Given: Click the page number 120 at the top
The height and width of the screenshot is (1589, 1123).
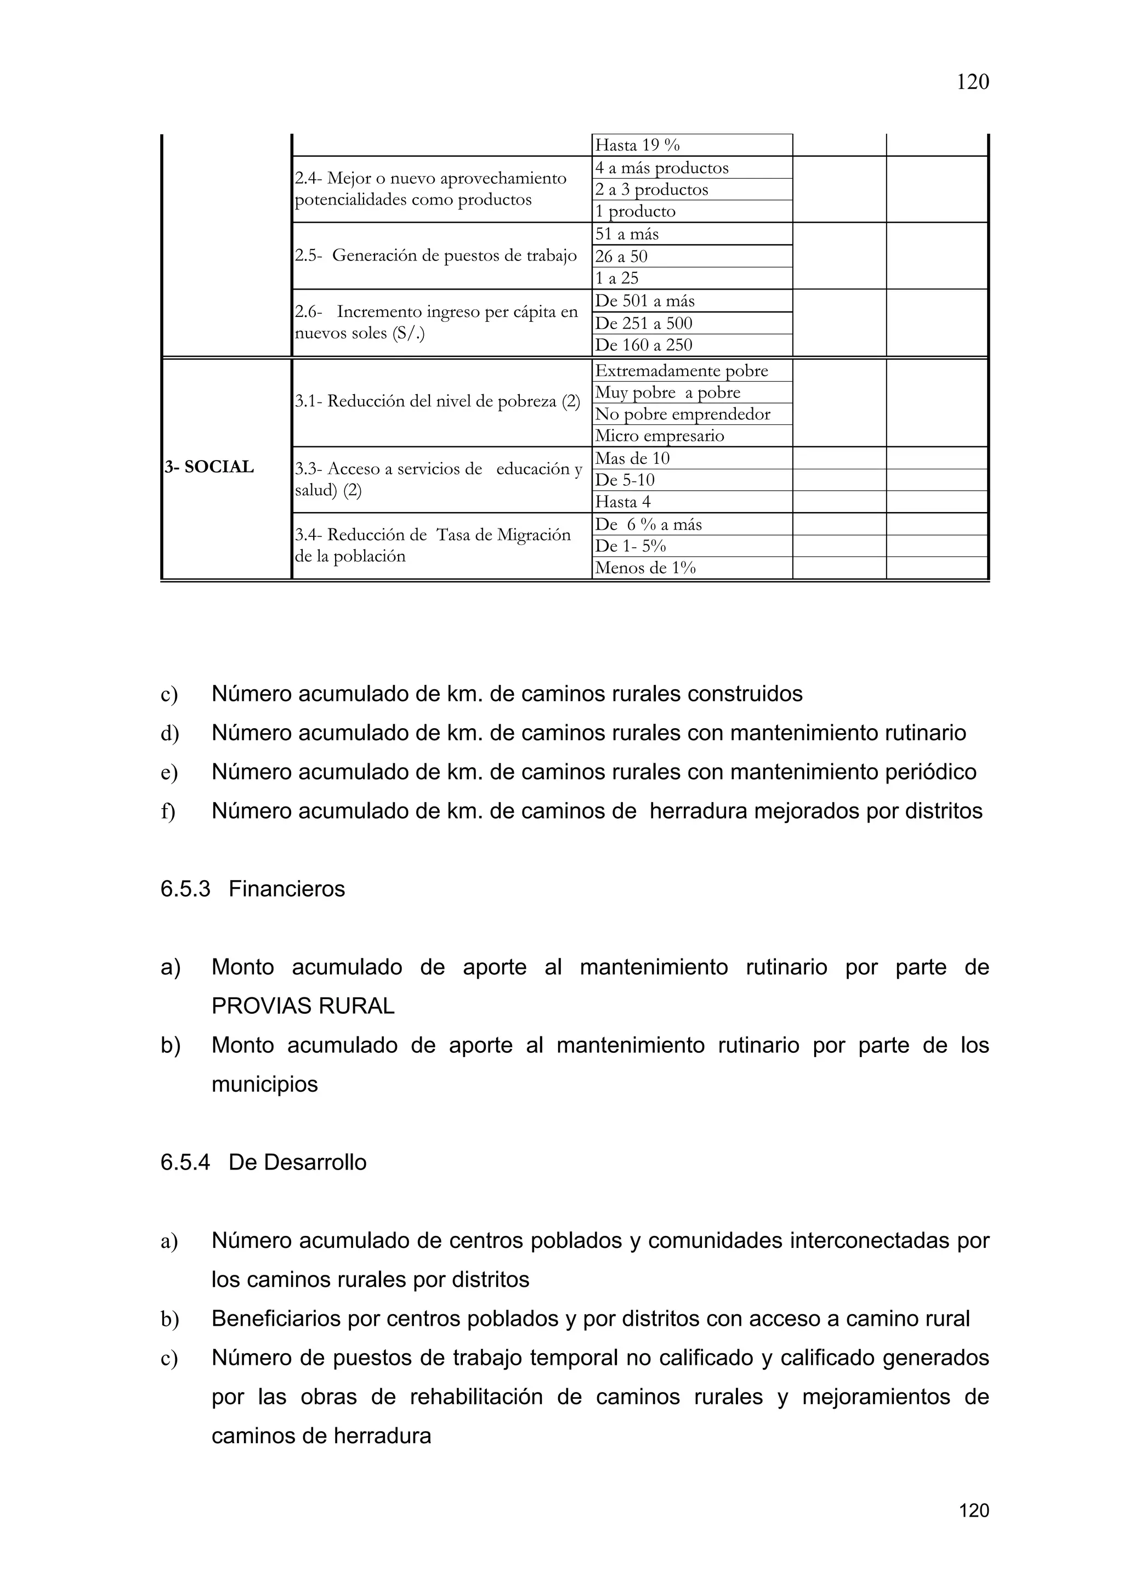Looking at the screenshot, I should tap(972, 82).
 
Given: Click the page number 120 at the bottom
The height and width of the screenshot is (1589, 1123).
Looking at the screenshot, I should tap(973, 1510).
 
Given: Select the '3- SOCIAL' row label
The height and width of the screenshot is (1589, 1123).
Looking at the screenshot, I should tap(209, 467).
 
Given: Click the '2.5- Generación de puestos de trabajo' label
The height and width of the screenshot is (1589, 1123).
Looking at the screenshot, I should tap(436, 256).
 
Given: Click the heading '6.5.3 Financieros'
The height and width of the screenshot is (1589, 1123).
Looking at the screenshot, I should tap(253, 889).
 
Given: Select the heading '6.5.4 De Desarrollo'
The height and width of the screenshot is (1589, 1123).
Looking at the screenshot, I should tap(263, 1162).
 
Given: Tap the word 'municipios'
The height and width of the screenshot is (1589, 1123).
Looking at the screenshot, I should tap(264, 1084).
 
